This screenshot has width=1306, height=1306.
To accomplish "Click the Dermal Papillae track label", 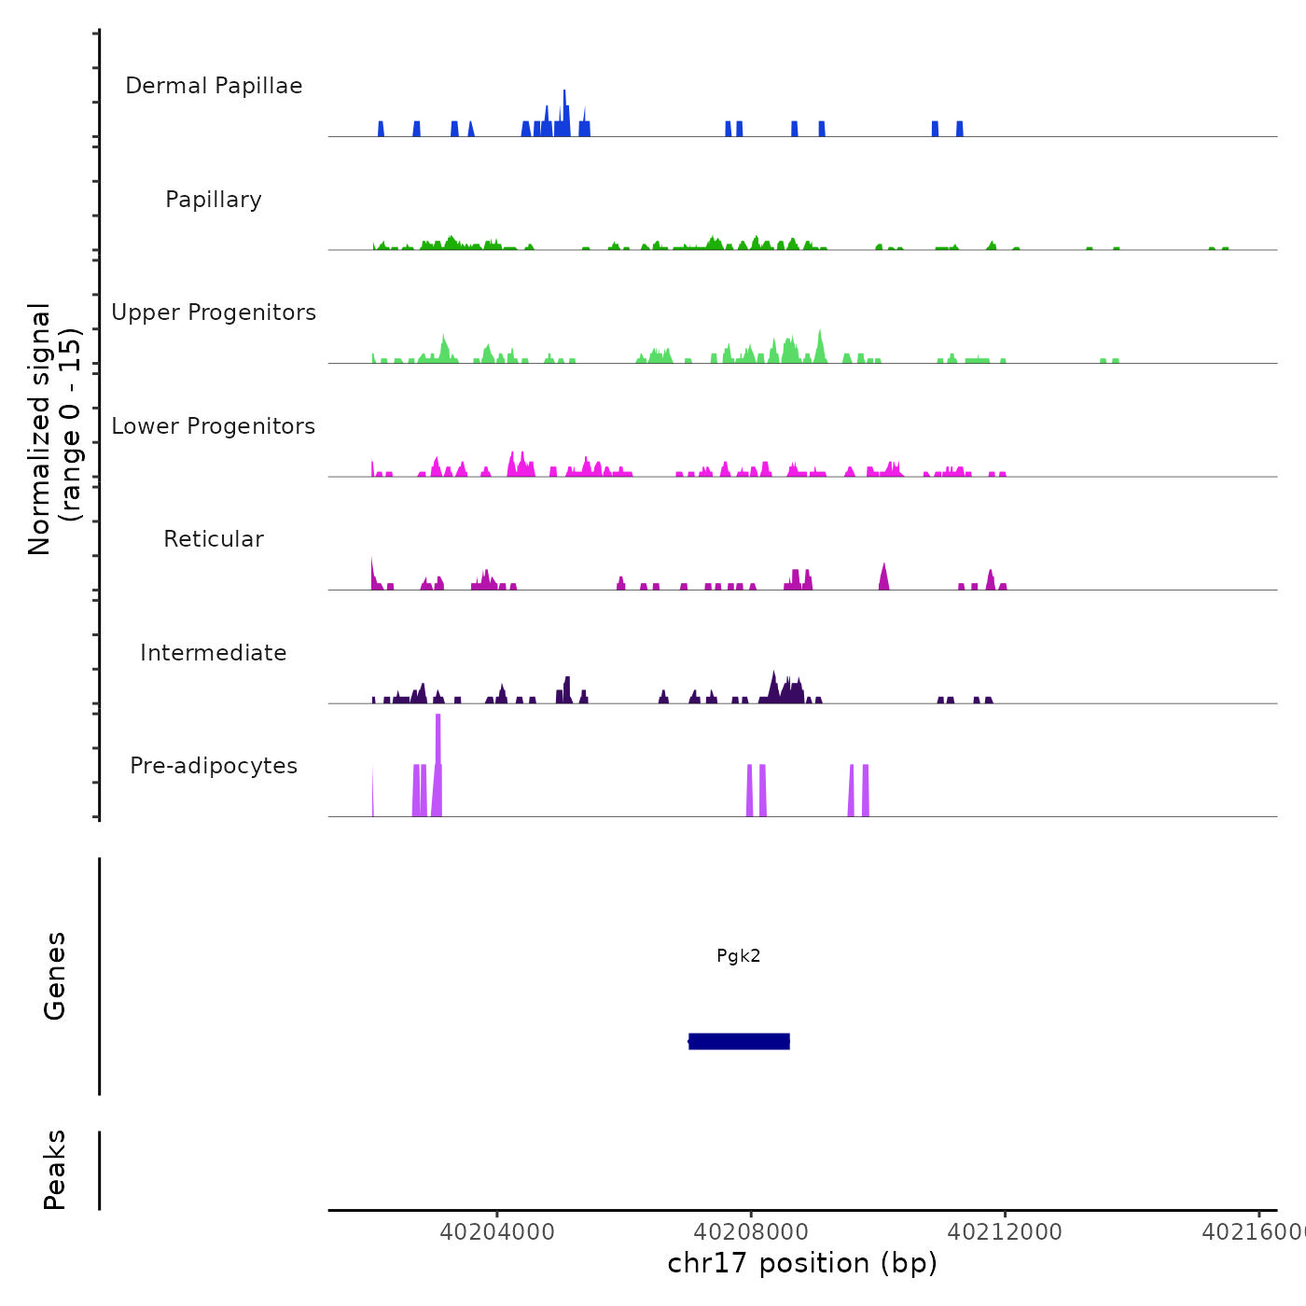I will coord(214,86).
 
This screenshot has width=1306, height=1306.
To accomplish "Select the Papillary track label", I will coord(214,200).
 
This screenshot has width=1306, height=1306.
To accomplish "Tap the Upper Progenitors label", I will coord(214,313).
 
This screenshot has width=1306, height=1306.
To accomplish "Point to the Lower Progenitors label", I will coord(214,426).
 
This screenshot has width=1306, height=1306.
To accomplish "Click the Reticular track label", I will coord(214,539).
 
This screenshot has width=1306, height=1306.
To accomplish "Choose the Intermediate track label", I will coord(214,653).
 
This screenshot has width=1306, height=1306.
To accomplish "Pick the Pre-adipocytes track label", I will coord(214,766).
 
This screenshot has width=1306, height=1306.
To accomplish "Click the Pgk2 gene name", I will coord(739,955).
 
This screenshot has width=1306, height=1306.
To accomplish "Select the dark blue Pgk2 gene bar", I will coord(739,1041).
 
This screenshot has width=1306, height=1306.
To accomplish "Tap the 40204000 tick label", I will coord(497,1231).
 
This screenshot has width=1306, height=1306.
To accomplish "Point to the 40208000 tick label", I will coord(751,1231).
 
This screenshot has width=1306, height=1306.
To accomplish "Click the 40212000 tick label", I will coord(1005,1231).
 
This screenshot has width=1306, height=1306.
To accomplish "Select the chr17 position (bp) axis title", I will coord(802,1263).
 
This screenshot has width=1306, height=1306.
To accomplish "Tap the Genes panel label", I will coord(55,976).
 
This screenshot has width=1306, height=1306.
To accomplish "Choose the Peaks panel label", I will coord(55,1170).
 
